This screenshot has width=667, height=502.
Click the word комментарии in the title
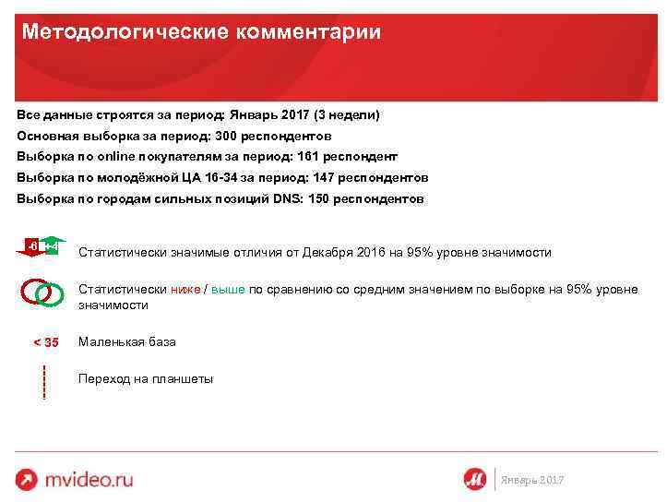point(309,32)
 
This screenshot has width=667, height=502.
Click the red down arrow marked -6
point(32,247)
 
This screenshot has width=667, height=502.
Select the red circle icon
point(34,292)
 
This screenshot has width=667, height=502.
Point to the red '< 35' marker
point(46,342)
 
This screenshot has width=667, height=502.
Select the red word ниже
point(185,289)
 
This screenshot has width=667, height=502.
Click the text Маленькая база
point(127,341)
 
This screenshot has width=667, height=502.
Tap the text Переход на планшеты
point(146,378)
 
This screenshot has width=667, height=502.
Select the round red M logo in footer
point(475,479)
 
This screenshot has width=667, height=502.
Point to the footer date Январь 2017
point(531,480)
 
